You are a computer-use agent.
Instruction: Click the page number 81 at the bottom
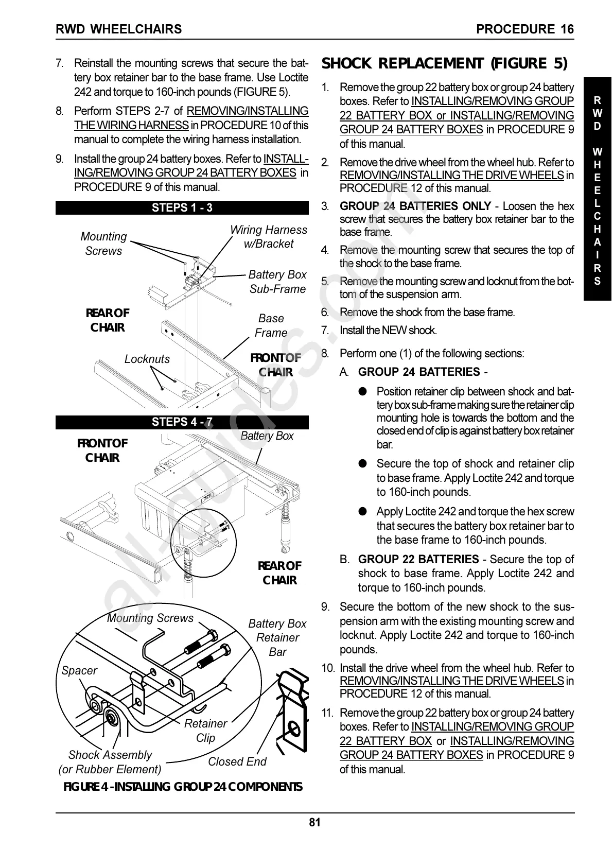pyautogui.click(x=314, y=822)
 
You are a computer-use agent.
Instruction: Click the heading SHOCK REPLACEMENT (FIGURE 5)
pyautogui.click(x=444, y=63)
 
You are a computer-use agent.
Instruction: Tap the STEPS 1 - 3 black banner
pyautogui.click(x=182, y=207)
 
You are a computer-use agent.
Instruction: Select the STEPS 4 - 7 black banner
pyautogui.click(x=182, y=422)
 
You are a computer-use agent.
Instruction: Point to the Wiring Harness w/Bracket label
pyautogui.click(x=268, y=237)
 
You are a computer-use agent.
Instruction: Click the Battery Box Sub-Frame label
pyautogui.click(x=277, y=282)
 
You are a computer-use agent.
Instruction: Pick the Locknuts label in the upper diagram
pyautogui.click(x=147, y=359)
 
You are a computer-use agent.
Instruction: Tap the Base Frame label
pyautogui.click(x=271, y=325)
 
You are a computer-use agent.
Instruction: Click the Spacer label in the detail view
pyautogui.click(x=79, y=670)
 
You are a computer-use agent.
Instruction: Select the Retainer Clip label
pyautogui.click(x=205, y=730)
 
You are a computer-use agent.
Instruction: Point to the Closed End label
pyautogui.click(x=237, y=761)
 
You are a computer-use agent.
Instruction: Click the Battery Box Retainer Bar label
pyautogui.click(x=277, y=637)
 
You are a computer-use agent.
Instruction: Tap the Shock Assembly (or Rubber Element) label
pyautogui.click(x=110, y=762)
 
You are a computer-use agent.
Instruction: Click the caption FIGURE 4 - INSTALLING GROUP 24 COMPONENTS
pyautogui.click(x=183, y=787)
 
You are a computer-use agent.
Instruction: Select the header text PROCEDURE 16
pyautogui.click(x=524, y=29)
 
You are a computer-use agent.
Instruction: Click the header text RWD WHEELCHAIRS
pyautogui.click(x=119, y=29)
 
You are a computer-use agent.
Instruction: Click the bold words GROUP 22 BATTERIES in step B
pyautogui.click(x=418, y=559)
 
